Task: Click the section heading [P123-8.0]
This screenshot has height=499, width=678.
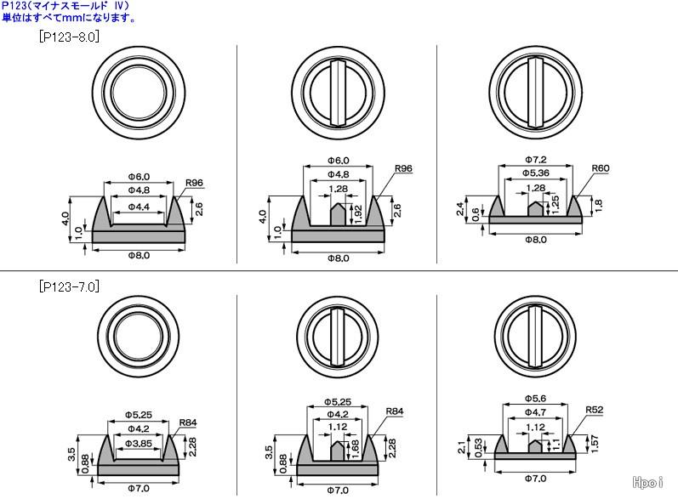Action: click(x=69, y=37)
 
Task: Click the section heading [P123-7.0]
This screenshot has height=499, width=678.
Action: click(x=69, y=286)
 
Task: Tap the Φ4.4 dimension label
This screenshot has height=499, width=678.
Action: click(x=139, y=207)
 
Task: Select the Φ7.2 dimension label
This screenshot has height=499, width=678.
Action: click(x=536, y=160)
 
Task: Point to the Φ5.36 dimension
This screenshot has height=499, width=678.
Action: click(x=536, y=173)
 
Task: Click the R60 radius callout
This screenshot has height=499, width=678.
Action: click(x=601, y=168)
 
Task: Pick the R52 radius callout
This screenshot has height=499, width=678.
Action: click(x=594, y=410)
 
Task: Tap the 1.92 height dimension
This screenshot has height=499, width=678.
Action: click(x=358, y=214)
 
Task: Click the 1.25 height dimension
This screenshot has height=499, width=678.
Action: click(x=556, y=204)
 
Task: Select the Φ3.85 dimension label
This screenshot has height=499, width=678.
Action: click(x=139, y=443)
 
